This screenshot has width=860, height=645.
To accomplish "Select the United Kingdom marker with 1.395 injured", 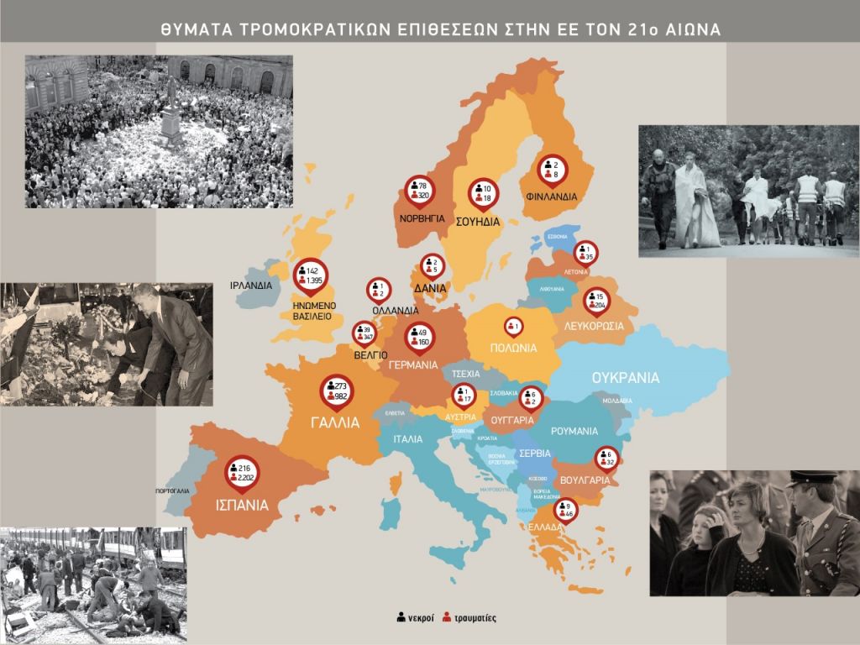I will (310, 274).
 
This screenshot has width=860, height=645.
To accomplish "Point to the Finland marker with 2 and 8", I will (552, 169).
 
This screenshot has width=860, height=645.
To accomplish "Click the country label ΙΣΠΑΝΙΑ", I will (240, 506).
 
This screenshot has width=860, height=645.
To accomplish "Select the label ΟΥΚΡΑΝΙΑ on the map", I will (625, 378).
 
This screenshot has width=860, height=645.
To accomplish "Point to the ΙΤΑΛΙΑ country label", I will (407, 438).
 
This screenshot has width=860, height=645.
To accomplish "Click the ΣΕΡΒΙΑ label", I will (535, 451).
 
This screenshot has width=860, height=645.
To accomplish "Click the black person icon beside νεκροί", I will (401, 618).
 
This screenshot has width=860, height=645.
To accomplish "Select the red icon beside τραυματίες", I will (447, 618).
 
